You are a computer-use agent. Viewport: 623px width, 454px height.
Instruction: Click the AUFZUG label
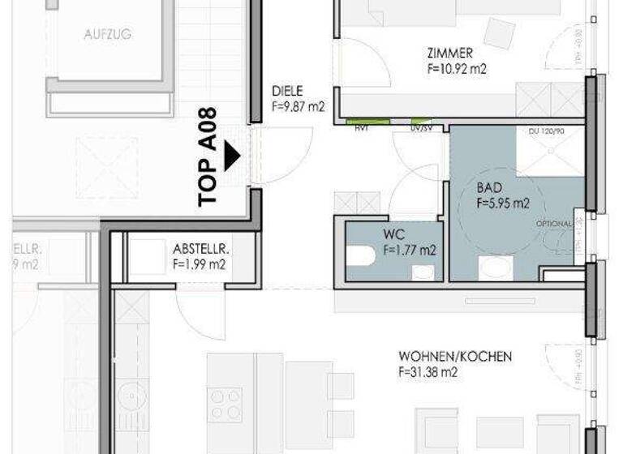107,35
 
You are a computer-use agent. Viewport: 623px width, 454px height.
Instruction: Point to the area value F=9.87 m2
299,105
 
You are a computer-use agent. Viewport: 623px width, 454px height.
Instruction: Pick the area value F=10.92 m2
457,68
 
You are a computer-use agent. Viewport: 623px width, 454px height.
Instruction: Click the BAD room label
489,189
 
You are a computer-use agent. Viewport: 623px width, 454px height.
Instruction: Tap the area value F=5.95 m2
503,203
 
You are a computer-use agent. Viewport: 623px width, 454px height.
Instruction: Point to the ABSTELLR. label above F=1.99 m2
200,249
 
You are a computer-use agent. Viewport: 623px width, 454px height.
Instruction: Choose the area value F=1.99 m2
200,263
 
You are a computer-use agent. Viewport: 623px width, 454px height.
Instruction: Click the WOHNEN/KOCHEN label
454,357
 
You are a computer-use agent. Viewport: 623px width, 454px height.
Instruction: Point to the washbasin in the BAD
492,268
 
